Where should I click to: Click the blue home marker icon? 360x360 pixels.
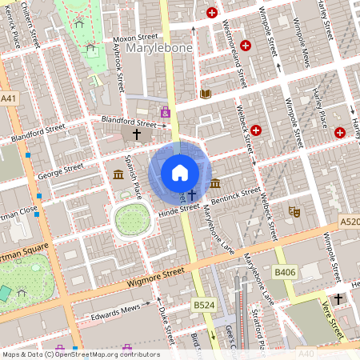point(180,172)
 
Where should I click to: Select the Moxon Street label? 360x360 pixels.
point(135,38)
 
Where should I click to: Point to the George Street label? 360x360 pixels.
point(61,170)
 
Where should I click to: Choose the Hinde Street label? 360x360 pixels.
point(178,209)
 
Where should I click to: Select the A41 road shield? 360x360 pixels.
point(9,98)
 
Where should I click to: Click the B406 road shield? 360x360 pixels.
point(285,273)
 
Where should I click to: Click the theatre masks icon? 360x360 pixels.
point(294,212)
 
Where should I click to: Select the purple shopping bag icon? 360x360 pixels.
point(166,113)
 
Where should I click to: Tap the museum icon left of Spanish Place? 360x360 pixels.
point(118,174)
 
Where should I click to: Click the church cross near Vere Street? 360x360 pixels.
point(338,298)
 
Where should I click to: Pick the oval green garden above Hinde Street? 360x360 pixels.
point(132,218)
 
